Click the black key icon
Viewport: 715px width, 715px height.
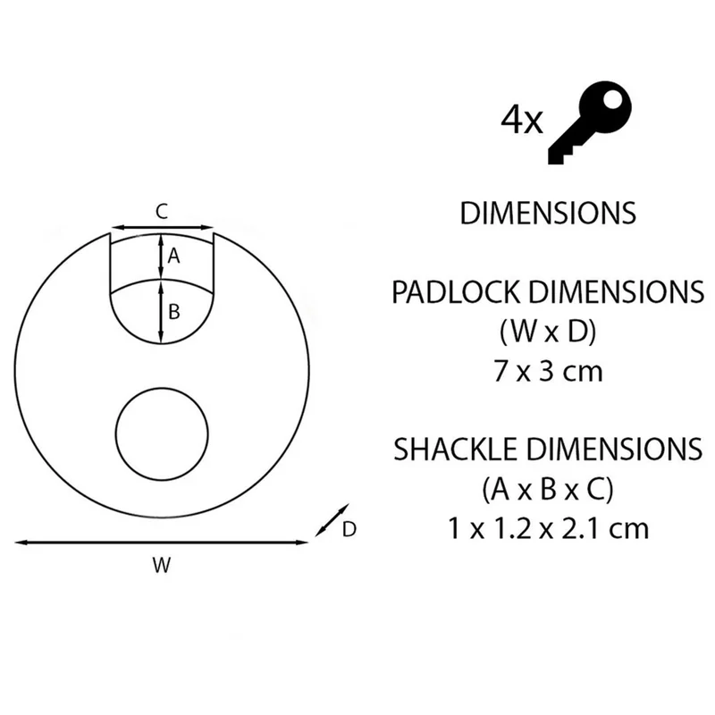coord(588,123)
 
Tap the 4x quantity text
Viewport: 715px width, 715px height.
coord(522,120)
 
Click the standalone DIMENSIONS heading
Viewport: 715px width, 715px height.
coord(548,213)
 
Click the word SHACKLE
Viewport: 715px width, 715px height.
coord(457,450)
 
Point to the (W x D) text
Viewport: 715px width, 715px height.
coord(548,332)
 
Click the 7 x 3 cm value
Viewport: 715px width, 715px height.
coord(548,371)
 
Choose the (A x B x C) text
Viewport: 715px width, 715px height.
coord(548,489)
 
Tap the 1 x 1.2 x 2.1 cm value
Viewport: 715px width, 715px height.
coord(548,529)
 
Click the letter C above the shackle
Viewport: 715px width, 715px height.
coord(162,212)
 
